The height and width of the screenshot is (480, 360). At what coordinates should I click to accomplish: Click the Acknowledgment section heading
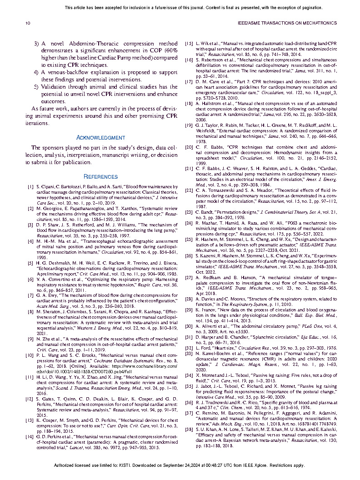tap(100, 137)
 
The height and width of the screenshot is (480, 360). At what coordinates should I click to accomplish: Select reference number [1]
tap(30, 187)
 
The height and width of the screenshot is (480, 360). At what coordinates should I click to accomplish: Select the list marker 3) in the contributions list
tap(37, 44)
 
